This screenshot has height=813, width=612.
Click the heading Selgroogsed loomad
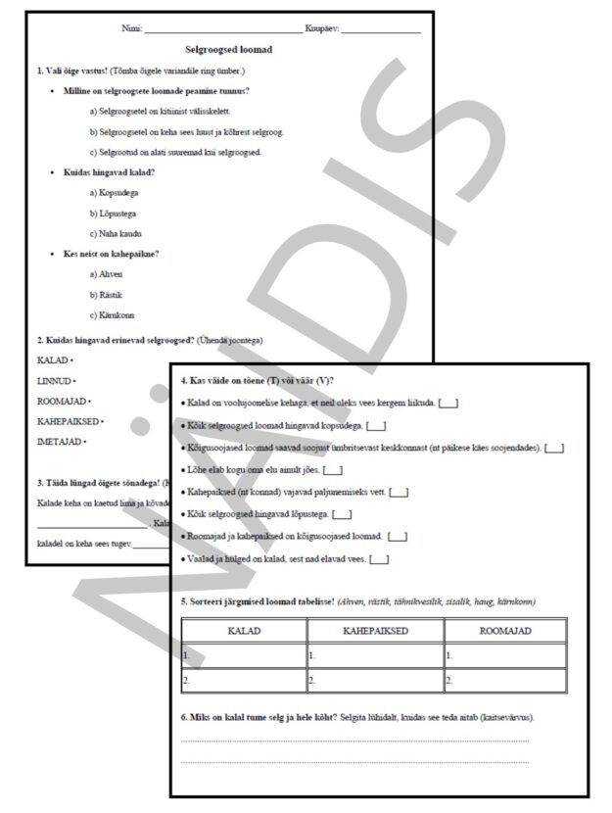[229, 49]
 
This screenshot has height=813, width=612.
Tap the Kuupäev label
[321, 28]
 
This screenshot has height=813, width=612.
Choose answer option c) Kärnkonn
[113, 315]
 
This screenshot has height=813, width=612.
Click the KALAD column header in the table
[244, 632]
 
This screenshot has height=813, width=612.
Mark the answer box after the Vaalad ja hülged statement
[379, 559]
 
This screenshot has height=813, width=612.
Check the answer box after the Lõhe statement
[332, 470]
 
